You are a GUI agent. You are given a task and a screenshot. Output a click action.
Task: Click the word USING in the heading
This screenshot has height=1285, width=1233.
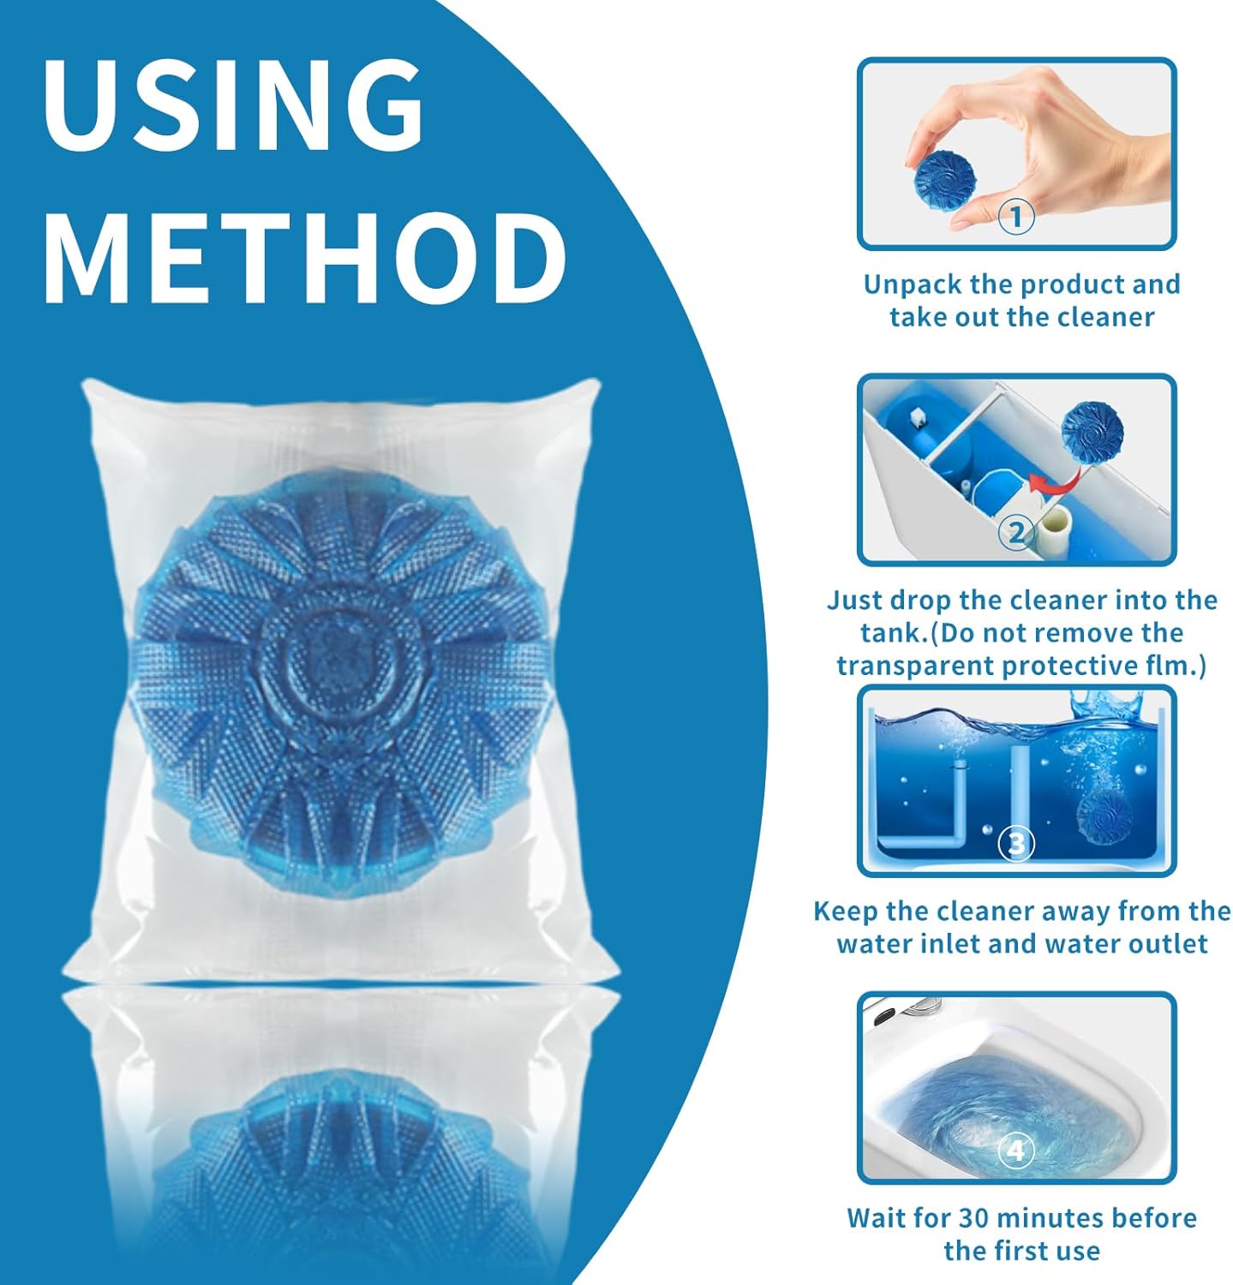(x=233, y=105)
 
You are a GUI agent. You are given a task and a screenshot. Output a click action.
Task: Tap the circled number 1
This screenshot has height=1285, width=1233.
(x=1016, y=215)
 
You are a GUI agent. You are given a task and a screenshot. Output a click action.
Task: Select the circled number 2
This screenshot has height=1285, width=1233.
(x=1016, y=532)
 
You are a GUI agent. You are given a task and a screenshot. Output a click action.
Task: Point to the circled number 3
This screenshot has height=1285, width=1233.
(x=1016, y=843)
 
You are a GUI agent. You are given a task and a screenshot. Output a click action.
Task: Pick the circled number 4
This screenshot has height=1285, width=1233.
(x=1016, y=1150)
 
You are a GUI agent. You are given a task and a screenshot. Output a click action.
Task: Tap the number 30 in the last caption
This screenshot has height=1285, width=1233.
(x=975, y=1217)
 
